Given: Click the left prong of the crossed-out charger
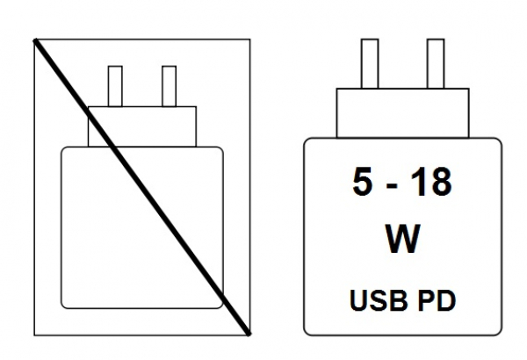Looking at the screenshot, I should click(114, 85).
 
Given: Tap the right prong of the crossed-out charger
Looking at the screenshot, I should click(170, 85).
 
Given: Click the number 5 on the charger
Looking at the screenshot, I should click(361, 183).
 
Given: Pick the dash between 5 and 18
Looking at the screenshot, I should click(392, 185).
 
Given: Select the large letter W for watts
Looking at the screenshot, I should click(403, 238).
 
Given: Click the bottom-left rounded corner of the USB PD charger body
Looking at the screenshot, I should click(310, 327).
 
